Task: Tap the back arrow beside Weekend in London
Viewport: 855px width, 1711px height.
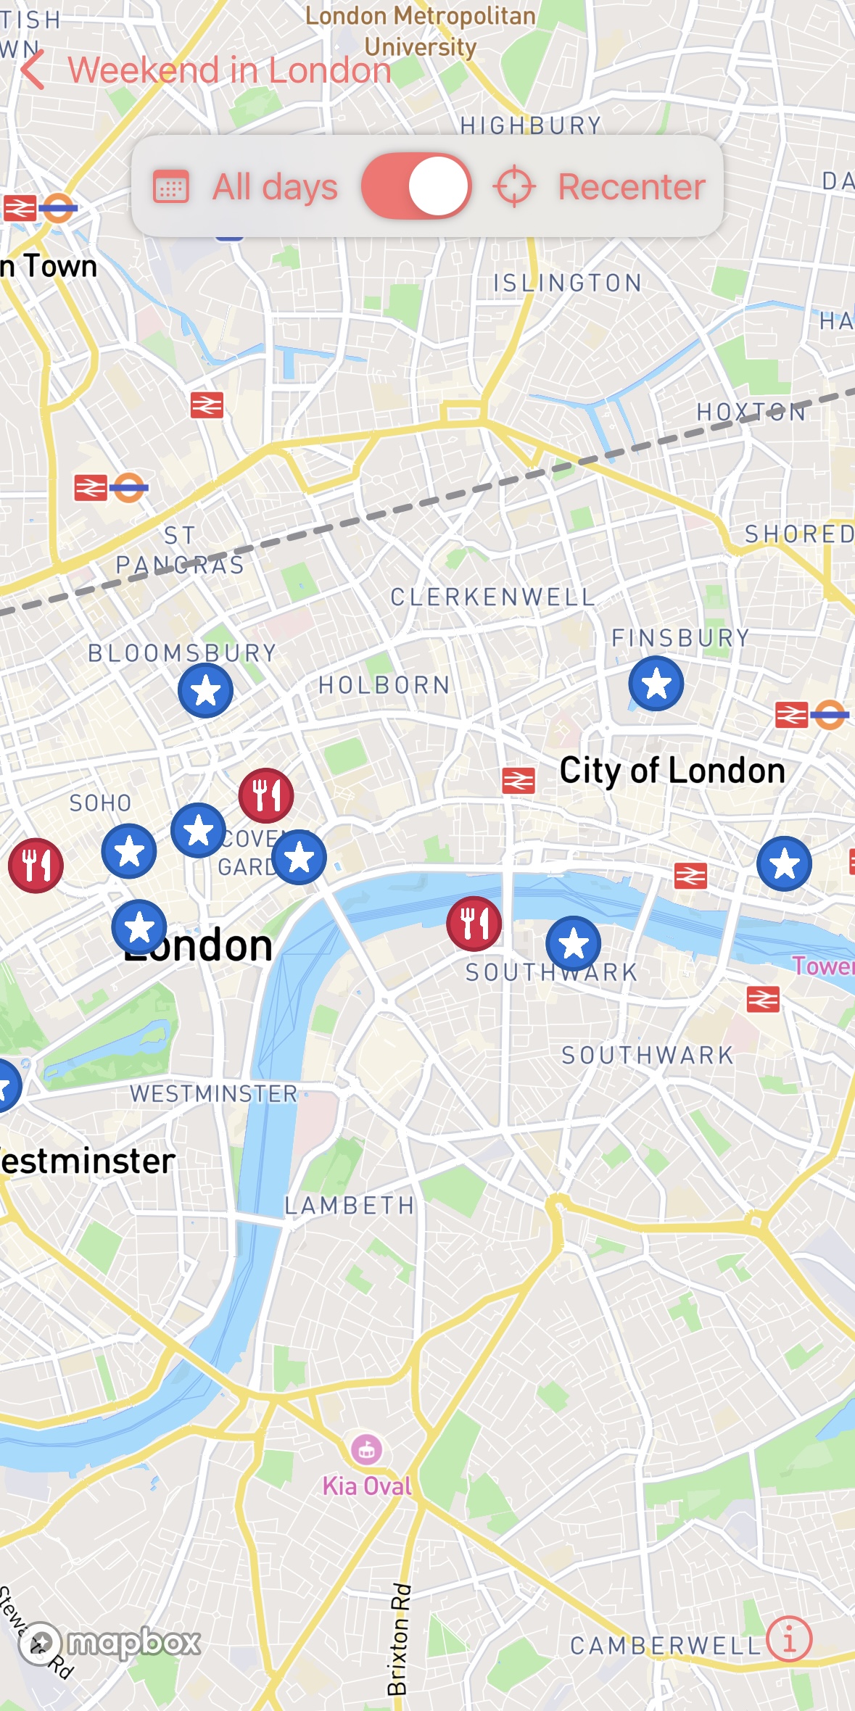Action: coord(33,70)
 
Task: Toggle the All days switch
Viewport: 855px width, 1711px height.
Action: coord(416,186)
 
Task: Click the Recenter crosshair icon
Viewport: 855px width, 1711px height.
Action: coord(514,186)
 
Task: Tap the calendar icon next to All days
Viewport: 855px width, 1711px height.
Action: coord(171,187)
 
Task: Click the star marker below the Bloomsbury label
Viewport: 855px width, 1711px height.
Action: coord(205,690)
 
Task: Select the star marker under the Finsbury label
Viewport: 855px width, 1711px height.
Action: coord(656,683)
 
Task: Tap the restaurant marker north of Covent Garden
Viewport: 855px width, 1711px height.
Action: coord(266,795)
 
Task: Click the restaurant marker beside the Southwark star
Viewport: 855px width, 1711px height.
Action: coord(474,924)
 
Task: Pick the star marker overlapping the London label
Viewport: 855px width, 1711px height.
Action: coord(139,927)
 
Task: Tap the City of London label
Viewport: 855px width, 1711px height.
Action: coord(672,770)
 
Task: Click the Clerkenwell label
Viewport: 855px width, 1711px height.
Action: coord(492,597)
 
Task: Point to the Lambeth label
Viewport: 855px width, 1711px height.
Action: coord(350,1206)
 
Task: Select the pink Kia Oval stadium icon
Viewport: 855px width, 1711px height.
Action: coord(367,1449)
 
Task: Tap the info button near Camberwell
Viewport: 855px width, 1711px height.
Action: coord(789,1638)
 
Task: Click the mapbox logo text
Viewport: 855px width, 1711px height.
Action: coord(133,1642)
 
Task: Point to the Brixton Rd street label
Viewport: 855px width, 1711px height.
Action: coord(398,1639)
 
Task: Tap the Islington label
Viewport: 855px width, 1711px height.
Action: coord(567,283)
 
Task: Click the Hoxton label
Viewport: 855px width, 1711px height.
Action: coord(751,413)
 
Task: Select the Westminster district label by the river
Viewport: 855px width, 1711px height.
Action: coord(213,1093)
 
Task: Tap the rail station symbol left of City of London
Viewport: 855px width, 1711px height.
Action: coord(519,781)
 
